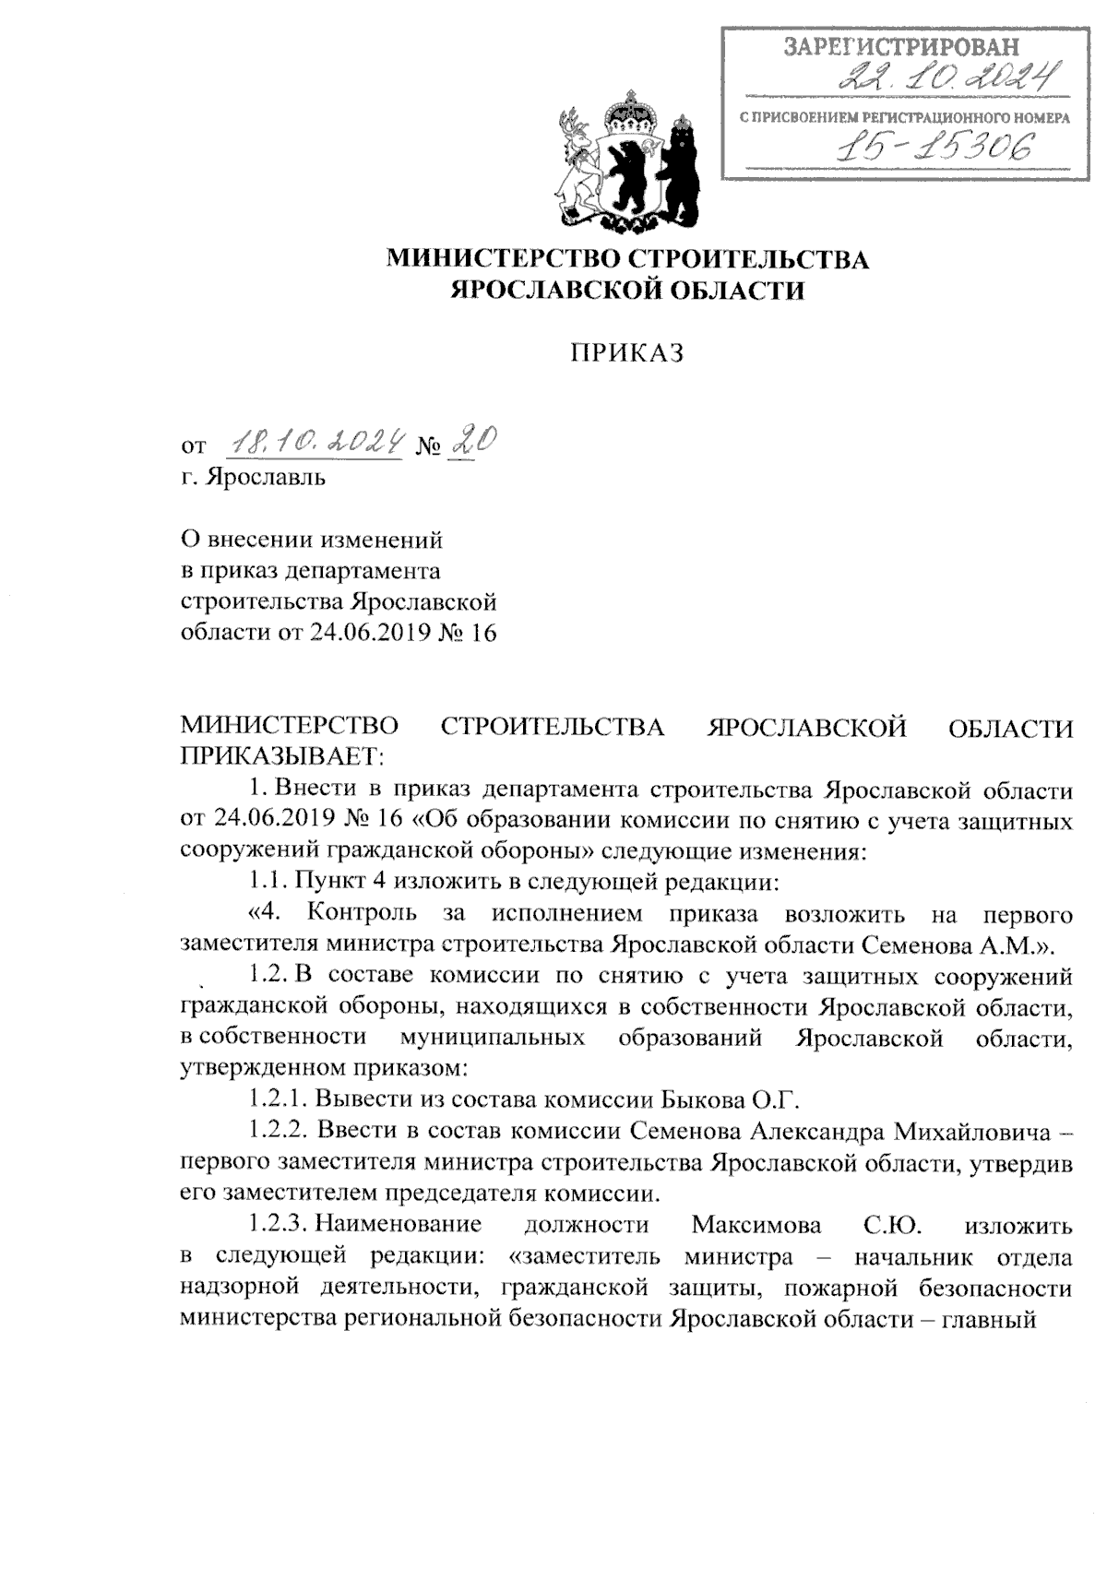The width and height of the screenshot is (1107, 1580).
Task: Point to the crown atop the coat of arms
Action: click(629, 109)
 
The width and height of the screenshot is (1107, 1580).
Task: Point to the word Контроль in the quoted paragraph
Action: click(362, 913)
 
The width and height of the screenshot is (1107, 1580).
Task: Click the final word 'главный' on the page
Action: click(987, 1319)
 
